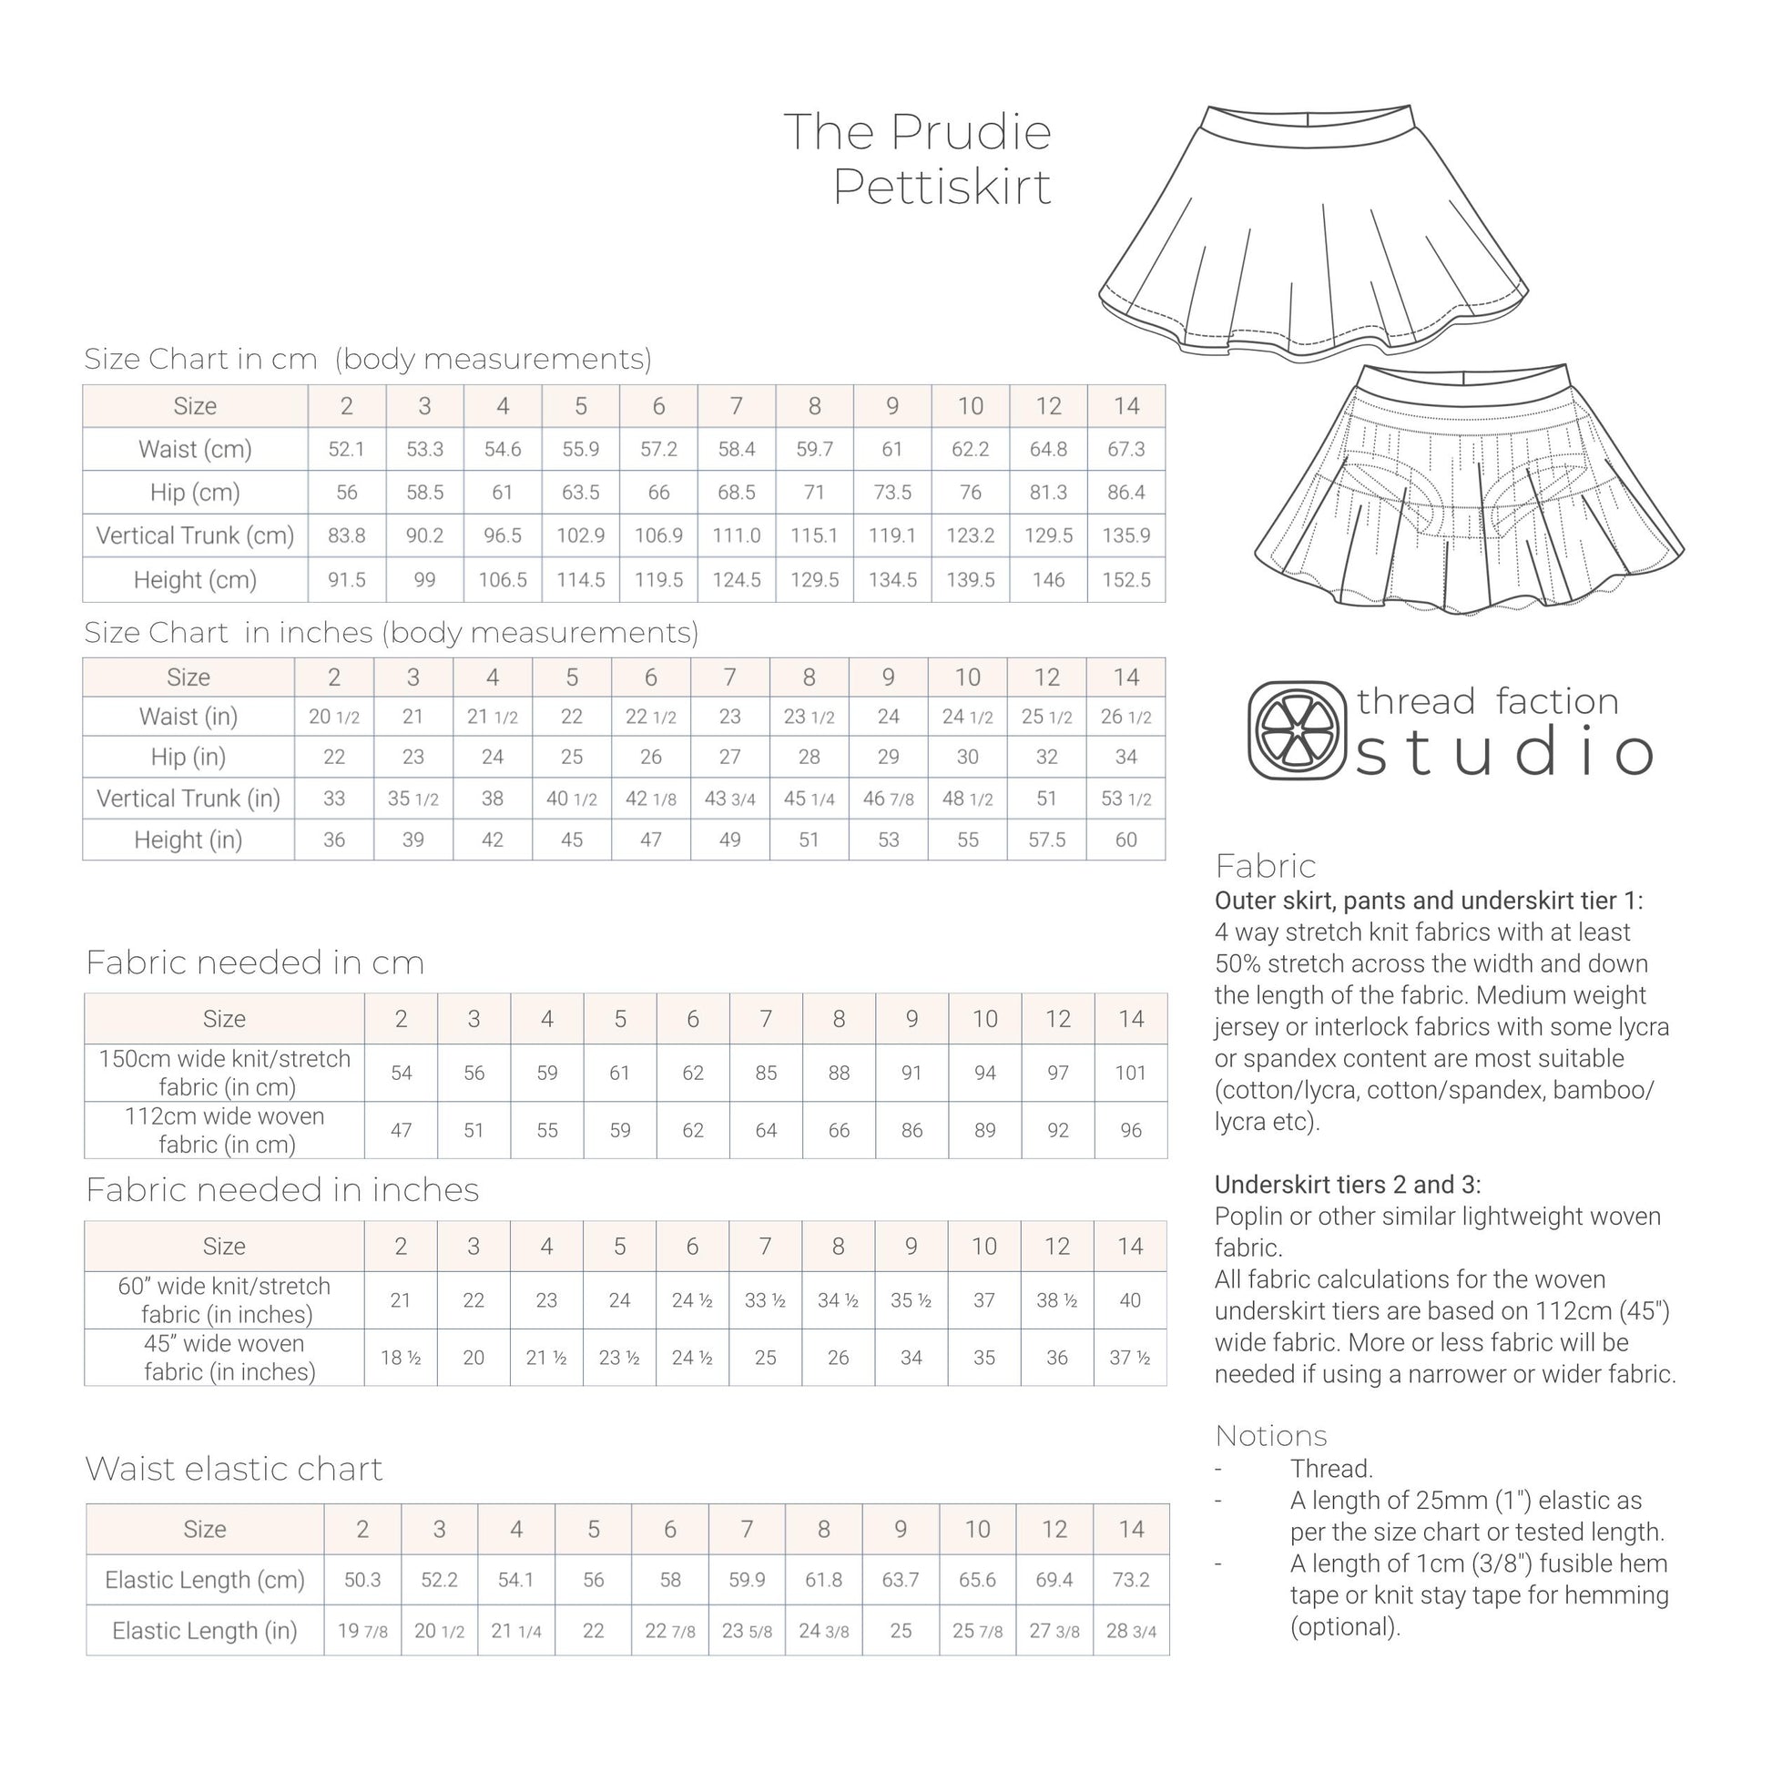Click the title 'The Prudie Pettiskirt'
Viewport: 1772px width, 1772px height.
tap(917, 158)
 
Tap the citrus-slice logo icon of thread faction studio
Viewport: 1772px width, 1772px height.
tap(1297, 731)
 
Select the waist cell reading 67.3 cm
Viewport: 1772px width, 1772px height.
tap(1125, 450)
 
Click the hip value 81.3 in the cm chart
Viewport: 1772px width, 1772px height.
tap(1047, 493)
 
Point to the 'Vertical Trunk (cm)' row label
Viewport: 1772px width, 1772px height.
tap(195, 535)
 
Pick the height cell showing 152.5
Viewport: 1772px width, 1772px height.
tap(1125, 580)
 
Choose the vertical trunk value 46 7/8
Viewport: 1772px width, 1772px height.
tap(888, 799)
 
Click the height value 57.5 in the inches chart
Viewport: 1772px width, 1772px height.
tap(1046, 840)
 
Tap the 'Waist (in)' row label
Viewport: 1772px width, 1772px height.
tap(188, 717)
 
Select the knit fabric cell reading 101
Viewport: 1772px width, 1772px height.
tap(1130, 1072)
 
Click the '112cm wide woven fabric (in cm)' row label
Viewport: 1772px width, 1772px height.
tap(225, 1130)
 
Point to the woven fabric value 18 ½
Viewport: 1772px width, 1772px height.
tap(401, 1358)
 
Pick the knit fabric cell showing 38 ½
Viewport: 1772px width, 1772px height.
tap(1056, 1299)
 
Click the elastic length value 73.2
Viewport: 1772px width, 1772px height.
tap(1131, 1579)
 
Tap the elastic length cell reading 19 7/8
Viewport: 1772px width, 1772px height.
tap(362, 1631)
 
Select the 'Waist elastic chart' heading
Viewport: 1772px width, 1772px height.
tap(234, 1469)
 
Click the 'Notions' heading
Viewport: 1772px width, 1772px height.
tap(1270, 1435)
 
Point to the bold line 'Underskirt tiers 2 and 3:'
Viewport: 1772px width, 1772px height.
tap(1348, 1184)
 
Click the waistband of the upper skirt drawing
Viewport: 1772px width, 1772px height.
tap(1309, 124)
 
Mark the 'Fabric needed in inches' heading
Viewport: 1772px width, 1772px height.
tap(282, 1189)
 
